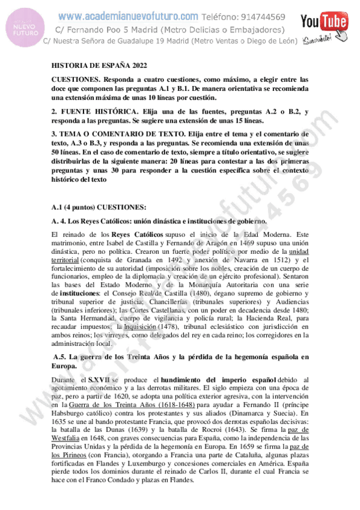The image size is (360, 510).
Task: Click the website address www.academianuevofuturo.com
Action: click(129, 16)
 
